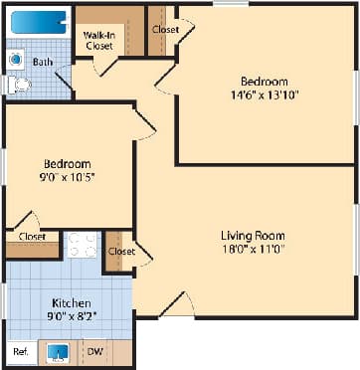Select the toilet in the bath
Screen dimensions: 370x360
(x=17, y=87)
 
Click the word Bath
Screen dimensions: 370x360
(x=42, y=62)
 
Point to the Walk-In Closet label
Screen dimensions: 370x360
(x=97, y=39)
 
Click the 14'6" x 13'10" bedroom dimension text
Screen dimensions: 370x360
(x=264, y=95)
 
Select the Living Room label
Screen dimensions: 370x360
(x=253, y=236)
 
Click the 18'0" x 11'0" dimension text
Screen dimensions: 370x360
(x=253, y=251)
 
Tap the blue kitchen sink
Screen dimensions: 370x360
(x=58, y=352)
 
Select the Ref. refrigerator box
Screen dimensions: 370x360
(x=20, y=352)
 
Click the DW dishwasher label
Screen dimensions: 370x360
(x=93, y=352)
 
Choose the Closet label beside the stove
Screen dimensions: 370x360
(x=121, y=252)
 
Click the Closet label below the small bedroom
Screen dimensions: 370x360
(x=33, y=238)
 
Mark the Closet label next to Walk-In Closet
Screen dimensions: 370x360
(x=165, y=30)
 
